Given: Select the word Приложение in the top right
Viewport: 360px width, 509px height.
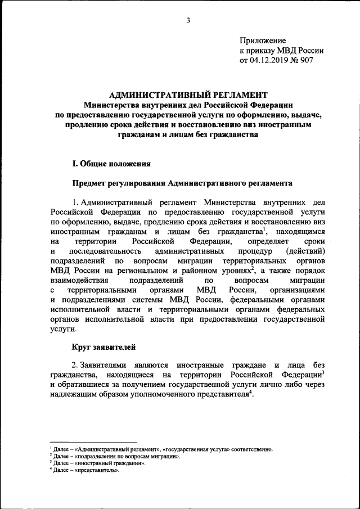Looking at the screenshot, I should coord(263,40).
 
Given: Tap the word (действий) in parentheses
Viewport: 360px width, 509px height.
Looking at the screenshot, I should coord(305,250).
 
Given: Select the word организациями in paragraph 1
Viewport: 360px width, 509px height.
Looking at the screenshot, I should coord(298,290).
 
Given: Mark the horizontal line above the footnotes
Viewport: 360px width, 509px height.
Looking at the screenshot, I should coord(93,442).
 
